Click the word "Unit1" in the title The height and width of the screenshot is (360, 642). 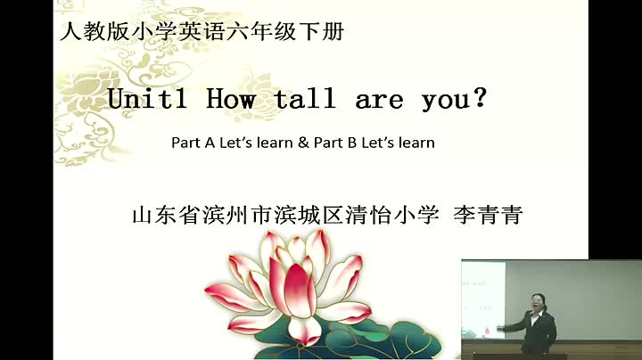pyautogui.click(x=147, y=99)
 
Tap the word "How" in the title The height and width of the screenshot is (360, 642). pyautogui.click(x=231, y=99)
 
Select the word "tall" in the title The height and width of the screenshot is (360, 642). pyautogui.click(x=305, y=99)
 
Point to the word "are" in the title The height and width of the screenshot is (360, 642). pyautogui.click(x=379, y=101)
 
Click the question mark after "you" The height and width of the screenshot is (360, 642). pyautogui.click(x=479, y=97)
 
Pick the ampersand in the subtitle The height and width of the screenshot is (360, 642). pyautogui.click(x=303, y=143)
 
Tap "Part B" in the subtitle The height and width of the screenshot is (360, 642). pyautogui.click(x=335, y=143)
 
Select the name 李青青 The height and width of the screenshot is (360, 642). pyautogui.click(x=488, y=215)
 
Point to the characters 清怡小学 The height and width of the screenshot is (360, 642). pyautogui.click(x=391, y=215)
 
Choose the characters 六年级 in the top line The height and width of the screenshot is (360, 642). pyautogui.click(x=260, y=31)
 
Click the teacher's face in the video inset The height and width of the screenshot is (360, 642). pyautogui.click(x=537, y=303)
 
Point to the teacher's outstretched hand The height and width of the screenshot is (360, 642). pyautogui.click(x=500, y=328)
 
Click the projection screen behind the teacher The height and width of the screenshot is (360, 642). pyautogui.click(x=483, y=300)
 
